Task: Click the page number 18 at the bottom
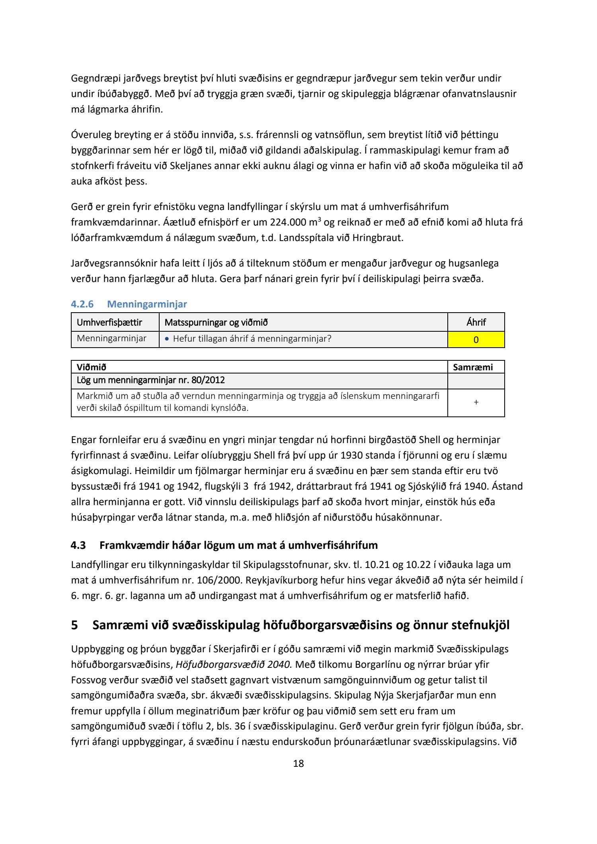click(x=298, y=763)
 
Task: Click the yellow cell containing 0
click(x=476, y=340)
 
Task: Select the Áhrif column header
click(x=476, y=322)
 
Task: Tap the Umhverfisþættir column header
click(x=109, y=322)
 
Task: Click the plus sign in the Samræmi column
click(x=476, y=402)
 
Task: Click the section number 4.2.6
click(x=82, y=304)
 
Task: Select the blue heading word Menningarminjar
click(x=147, y=304)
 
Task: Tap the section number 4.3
click(x=78, y=545)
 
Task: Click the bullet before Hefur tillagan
click(x=167, y=339)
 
